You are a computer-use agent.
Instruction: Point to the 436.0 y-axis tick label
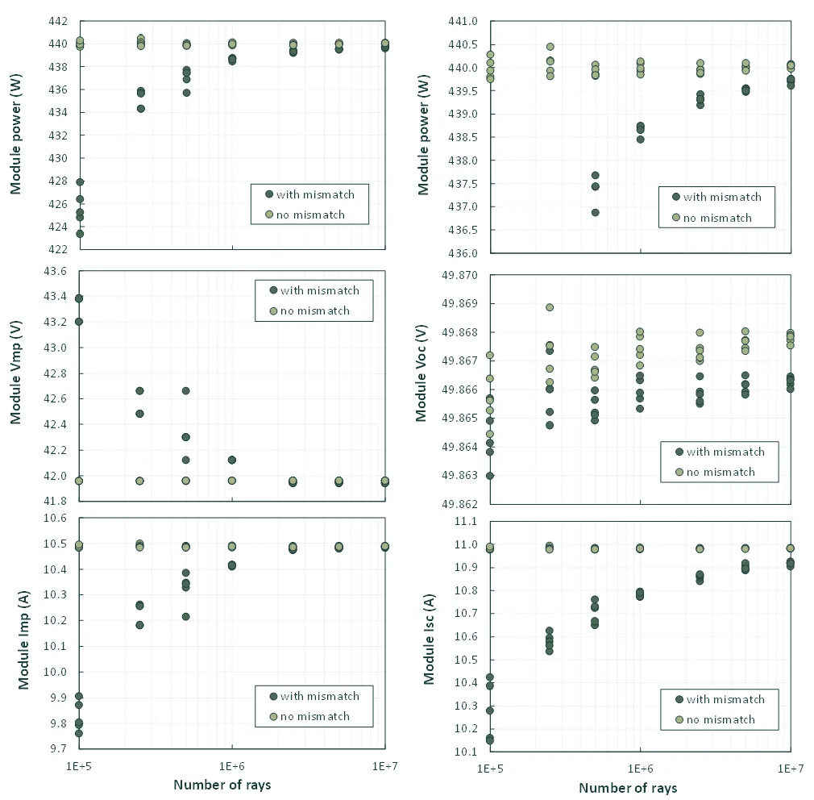pyautogui.click(x=465, y=253)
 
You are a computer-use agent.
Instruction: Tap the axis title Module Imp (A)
pyautogui.click(x=23, y=633)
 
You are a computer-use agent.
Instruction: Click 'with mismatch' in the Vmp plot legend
pyautogui.click(x=320, y=290)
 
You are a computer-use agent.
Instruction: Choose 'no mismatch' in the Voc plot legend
pyautogui.click(x=721, y=472)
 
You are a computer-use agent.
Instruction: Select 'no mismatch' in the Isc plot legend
pyautogui.click(x=721, y=719)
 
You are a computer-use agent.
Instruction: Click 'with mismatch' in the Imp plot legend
pyautogui.click(x=320, y=696)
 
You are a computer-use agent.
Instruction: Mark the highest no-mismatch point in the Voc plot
pyautogui.click(x=550, y=307)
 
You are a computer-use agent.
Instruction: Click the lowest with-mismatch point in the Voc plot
pyautogui.click(x=490, y=476)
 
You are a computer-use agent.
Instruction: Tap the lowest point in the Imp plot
pyautogui.click(x=79, y=733)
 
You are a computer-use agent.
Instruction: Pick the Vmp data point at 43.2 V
pyautogui.click(x=79, y=322)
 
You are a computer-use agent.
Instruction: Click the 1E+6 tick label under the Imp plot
pyautogui.click(x=232, y=764)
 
